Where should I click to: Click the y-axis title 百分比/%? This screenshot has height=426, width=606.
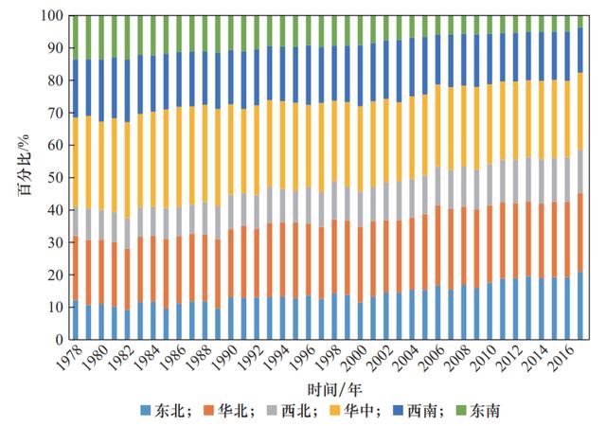click(x=21, y=177)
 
